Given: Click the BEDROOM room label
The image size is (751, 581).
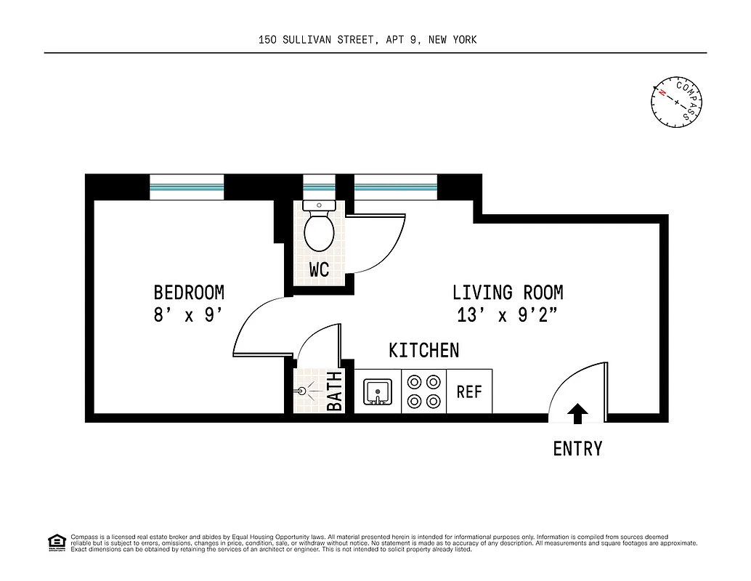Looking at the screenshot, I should pos(189,293).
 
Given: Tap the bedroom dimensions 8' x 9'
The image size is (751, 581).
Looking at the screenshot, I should pos(187,316).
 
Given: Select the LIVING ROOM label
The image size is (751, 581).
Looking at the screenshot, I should pos(508,293).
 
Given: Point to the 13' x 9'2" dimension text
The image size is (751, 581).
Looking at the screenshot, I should pos(508,316).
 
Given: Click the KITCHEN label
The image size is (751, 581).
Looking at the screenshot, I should pos(424,351).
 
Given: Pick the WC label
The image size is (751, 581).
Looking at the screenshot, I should pos(319,270).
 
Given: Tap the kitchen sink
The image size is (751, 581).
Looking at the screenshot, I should pos(378,392).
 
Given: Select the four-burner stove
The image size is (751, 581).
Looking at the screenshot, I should pos(423,391).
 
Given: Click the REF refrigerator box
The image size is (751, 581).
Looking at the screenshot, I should pos(469,391).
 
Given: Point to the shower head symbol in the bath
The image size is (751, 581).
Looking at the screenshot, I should pos(303,390).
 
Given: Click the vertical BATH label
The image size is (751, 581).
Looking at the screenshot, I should pos(335,391).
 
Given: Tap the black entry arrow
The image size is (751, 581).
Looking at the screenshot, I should pos(577,413).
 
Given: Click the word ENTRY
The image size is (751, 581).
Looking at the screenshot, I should pos(577,449).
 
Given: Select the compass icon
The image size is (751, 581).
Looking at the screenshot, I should pos(677,101).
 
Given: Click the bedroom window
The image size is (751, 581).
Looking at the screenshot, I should pos(187,187).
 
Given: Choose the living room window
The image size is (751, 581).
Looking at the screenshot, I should pos(395,187).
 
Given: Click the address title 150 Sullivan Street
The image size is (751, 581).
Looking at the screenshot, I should pos(368,40).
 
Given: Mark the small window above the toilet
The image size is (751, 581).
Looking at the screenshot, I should pos(319,187).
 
